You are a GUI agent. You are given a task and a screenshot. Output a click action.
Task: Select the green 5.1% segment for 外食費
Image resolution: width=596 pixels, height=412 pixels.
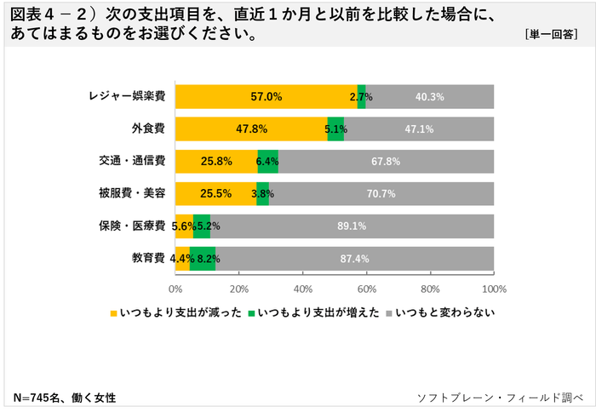[x=335, y=129]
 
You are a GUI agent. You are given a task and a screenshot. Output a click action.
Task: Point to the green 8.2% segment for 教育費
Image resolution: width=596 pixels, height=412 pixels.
[x=203, y=258]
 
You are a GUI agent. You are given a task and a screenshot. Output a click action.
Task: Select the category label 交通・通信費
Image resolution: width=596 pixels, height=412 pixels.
[x=133, y=162]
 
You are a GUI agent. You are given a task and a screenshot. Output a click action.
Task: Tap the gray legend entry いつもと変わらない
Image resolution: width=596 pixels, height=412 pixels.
[x=444, y=313]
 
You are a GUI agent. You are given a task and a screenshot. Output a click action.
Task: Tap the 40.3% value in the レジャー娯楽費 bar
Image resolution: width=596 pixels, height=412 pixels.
[x=429, y=97]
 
